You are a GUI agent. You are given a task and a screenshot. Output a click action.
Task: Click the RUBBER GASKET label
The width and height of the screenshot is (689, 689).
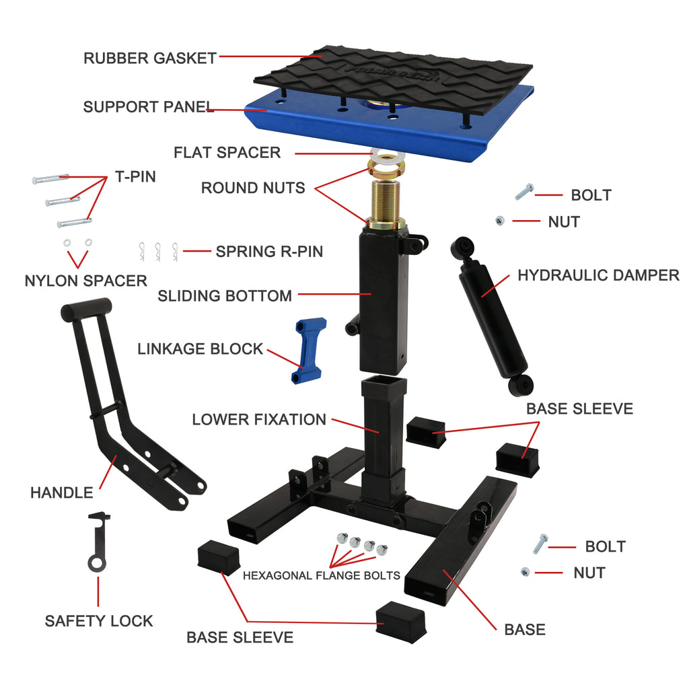(149, 58)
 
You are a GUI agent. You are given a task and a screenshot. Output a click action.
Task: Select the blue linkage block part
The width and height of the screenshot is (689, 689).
(308, 350)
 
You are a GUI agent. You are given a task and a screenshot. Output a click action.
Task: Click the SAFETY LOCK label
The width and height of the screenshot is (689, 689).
(99, 620)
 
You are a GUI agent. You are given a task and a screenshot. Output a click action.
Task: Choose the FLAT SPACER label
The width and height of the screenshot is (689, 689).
(227, 153)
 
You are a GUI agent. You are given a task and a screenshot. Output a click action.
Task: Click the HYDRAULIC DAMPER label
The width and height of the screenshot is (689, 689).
(597, 275)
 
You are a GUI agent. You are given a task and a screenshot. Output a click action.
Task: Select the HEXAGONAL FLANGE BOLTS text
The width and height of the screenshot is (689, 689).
(321, 575)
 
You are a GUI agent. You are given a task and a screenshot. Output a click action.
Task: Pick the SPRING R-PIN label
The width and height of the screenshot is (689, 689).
(269, 252)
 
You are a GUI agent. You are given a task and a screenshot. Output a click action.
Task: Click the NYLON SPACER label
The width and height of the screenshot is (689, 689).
(85, 281)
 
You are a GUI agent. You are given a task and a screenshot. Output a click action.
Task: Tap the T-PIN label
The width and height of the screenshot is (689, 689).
(135, 177)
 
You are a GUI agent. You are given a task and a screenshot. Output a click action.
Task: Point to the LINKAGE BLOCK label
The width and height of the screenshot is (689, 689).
(200, 349)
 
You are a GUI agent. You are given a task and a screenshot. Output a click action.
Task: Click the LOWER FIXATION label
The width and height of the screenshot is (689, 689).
(259, 420)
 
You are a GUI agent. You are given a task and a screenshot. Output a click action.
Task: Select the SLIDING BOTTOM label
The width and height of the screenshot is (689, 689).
(225, 296)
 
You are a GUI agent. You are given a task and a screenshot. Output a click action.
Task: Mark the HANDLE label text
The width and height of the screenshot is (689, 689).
(62, 493)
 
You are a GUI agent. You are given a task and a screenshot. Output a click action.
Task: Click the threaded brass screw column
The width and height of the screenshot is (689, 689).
(386, 198)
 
